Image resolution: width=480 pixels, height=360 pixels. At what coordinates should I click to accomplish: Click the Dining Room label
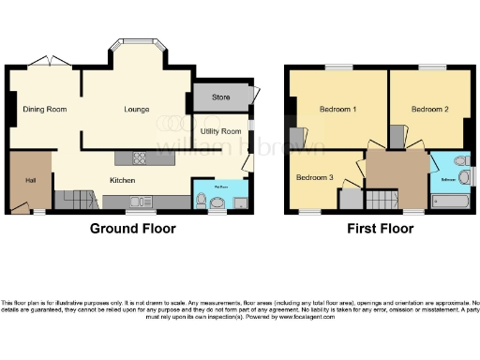(x=45, y=110)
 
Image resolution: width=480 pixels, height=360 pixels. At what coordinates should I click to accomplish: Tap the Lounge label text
(x=137, y=110)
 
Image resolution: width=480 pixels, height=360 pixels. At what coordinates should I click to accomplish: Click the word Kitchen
(x=123, y=180)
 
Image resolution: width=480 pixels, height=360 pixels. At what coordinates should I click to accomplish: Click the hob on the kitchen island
(x=139, y=157)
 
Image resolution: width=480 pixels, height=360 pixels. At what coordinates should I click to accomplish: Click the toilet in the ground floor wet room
(x=202, y=199)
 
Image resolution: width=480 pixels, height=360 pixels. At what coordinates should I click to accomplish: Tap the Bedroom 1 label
(x=337, y=110)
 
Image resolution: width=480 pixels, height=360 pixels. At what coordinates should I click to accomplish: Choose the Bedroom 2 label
(x=428, y=110)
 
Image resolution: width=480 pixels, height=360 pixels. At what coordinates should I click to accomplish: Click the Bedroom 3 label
(x=314, y=177)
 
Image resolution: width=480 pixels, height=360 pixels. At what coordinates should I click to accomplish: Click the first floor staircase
(x=381, y=199)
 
